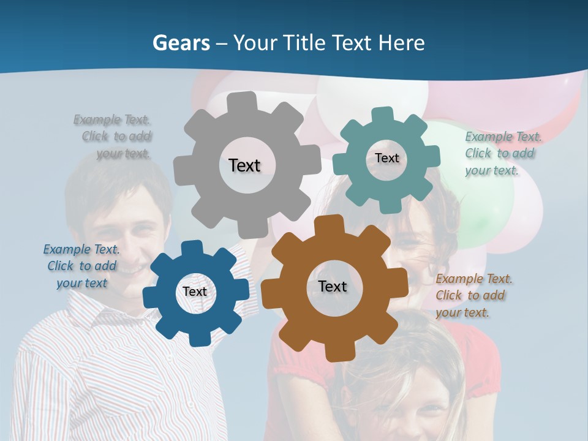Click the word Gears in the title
click(179, 43)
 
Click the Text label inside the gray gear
click(244, 165)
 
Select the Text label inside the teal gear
click(386, 158)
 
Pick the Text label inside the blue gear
click(195, 292)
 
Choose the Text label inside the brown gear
click(333, 286)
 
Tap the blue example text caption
click(81, 266)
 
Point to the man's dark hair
click(116, 178)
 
